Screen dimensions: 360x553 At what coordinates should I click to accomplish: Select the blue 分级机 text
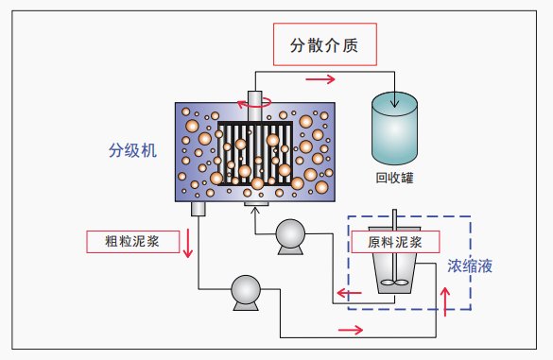point(132,150)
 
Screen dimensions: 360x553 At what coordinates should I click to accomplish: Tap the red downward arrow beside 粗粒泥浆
point(188,244)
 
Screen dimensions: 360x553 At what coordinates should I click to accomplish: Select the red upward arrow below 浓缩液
point(447,297)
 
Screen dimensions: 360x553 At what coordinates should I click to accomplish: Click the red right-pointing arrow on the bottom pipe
point(349,330)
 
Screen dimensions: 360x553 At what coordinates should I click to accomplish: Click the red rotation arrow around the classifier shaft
point(257,104)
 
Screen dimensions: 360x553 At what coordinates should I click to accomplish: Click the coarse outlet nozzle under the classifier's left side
point(199,208)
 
